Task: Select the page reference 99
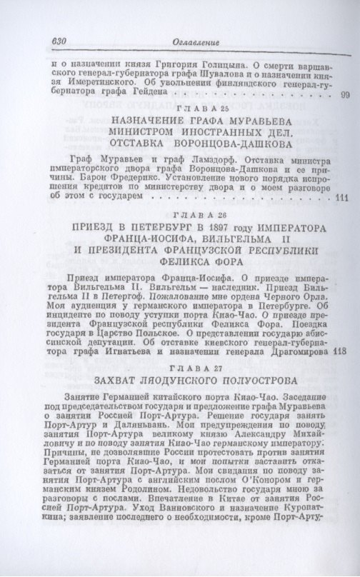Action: pyautogui.click(x=344, y=95)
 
